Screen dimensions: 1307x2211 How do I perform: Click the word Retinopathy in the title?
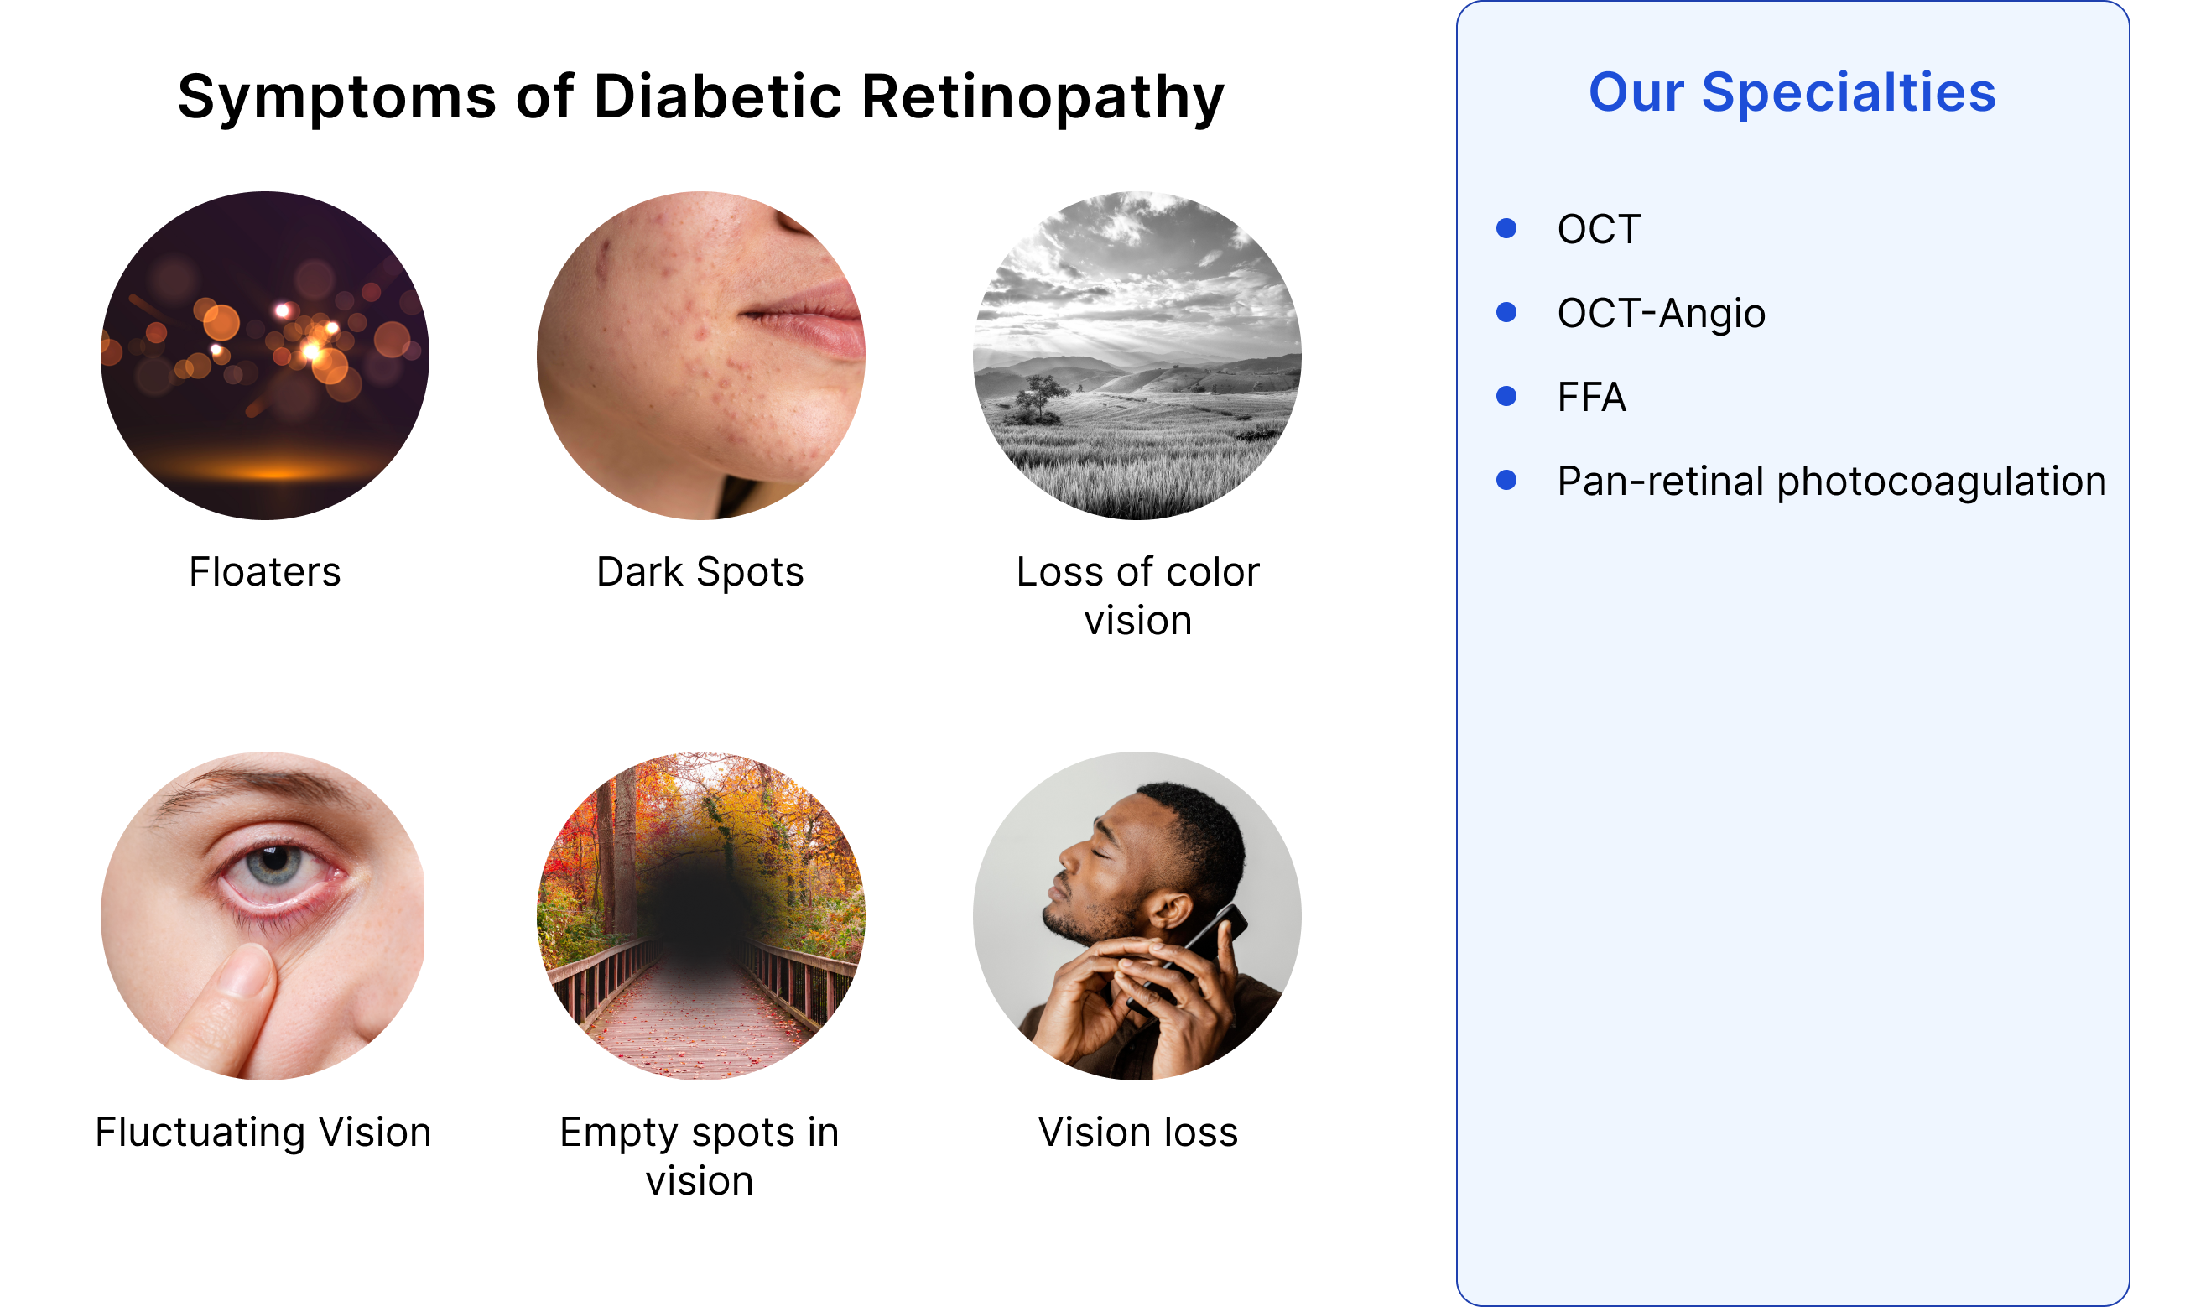coord(1042,96)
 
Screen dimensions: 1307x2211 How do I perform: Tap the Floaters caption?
coord(264,572)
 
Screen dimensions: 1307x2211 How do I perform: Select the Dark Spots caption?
coord(700,572)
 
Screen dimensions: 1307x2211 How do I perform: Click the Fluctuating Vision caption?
coord(263,1133)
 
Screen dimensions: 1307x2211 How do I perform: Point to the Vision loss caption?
coord(1137,1133)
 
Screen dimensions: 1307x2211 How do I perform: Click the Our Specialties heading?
coord(1792,92)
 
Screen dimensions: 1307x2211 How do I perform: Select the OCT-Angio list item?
coord(1661,314)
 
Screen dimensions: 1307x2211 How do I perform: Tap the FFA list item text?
coord(1591,397)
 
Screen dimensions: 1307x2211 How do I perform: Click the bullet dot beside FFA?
coord(1506,396)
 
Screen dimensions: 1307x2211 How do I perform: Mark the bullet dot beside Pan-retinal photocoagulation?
coord(1506,480)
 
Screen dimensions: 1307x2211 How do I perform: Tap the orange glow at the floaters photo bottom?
coord(273,471)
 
